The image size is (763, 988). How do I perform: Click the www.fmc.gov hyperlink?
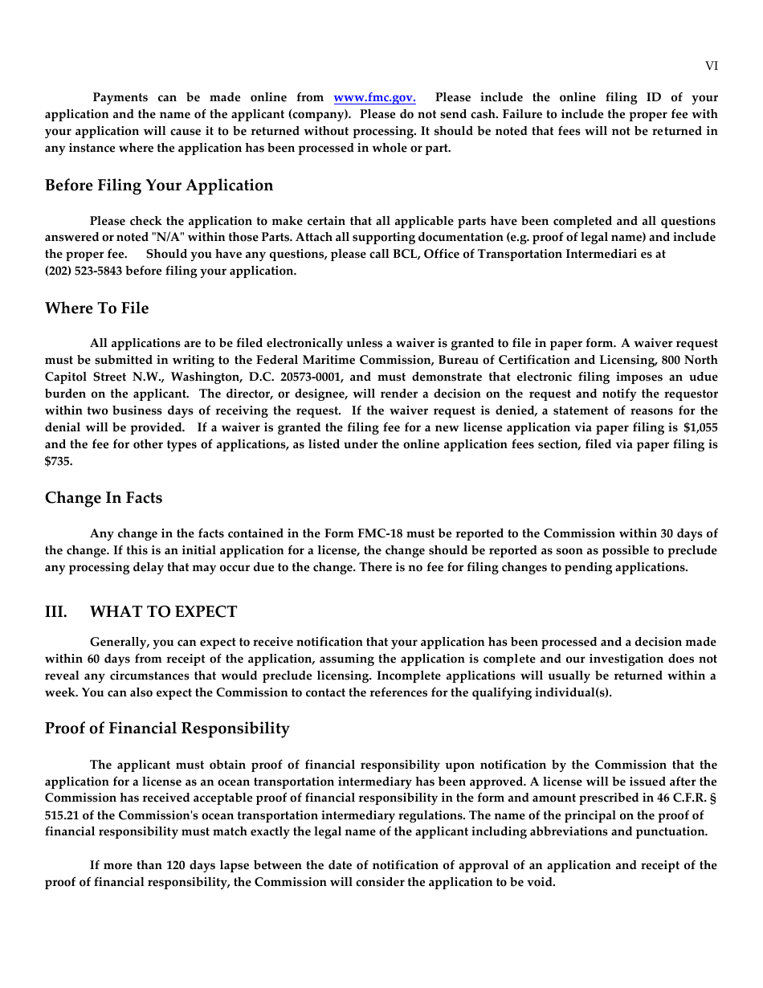(x=374, y=98)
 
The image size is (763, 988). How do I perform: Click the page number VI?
(x=711, y=67)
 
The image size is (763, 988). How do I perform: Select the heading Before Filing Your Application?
(x=159, y=186)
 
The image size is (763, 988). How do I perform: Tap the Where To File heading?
(x=96, y=308)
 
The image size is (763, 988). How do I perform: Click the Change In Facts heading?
(x=104, y=498)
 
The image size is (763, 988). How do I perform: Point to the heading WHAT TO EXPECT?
(x=163, y=612)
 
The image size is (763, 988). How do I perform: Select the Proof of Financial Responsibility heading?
(x=167, y=729)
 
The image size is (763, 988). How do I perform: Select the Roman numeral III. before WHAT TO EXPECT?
(x=55, y=612)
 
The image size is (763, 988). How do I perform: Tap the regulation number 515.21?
(x=60, y=815)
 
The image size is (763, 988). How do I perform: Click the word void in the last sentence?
(x=542, y=882)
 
